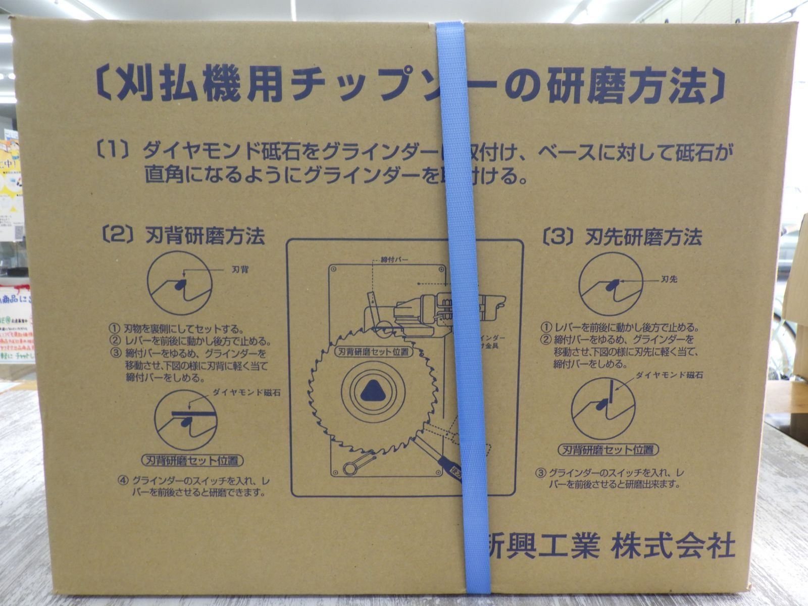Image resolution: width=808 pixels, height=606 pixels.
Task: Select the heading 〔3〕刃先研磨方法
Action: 623,237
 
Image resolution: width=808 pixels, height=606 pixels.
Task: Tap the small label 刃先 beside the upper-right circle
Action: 669,279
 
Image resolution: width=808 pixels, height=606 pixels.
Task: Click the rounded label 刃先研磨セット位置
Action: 609,449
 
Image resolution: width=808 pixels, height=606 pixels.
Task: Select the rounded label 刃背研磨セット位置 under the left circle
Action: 192,461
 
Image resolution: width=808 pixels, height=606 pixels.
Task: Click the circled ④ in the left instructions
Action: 123,480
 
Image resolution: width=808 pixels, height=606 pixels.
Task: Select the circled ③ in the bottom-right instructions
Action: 540,473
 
